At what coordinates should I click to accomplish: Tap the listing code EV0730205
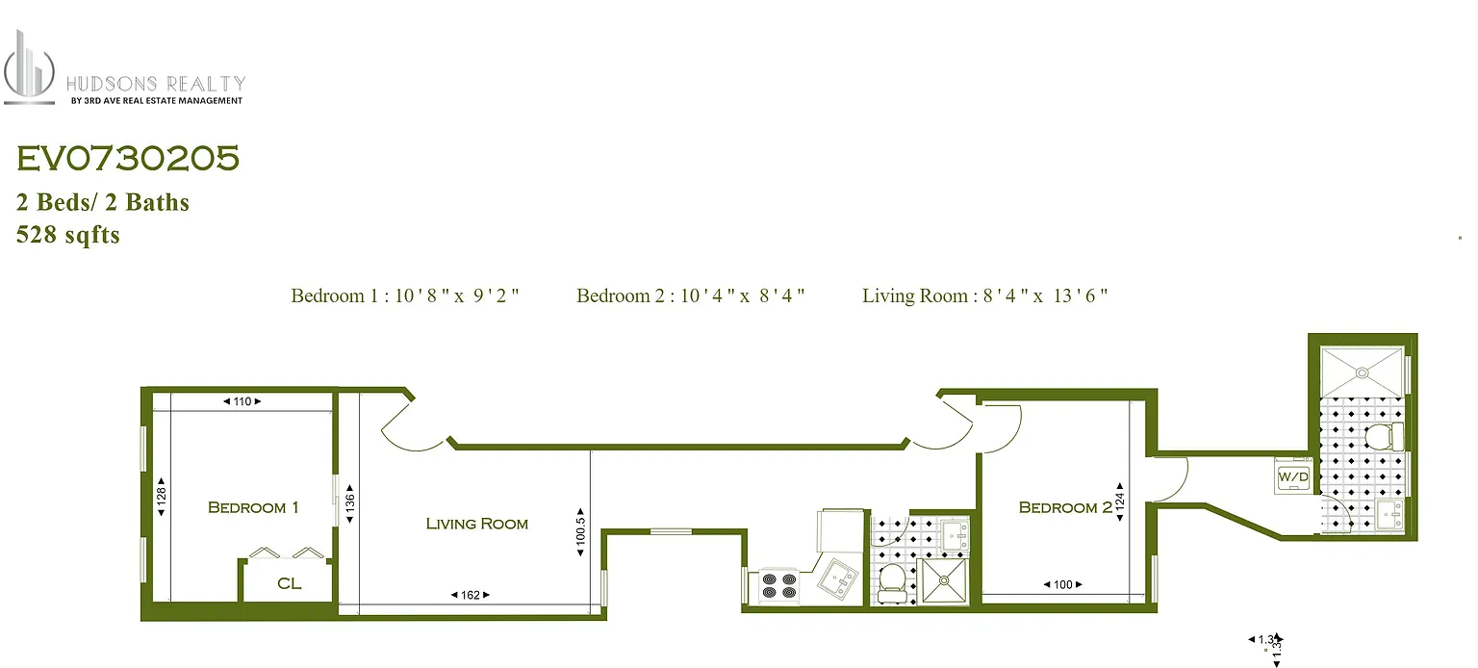pyautogui.click(x=128, y=160)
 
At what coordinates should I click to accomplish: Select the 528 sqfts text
pyautogui.click(x=67, y=235)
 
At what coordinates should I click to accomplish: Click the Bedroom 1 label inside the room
pyautogui.click(x=253, y=507)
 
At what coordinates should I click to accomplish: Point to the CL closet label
pyautogui.click(x=289, y=583)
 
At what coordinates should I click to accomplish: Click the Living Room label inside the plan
pyautogui.click(x=476, y=524)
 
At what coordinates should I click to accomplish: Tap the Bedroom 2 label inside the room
pyautogui.click(x=1064, y=507)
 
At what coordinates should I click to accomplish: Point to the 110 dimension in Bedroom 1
pyautogui.click(x=242, y=401)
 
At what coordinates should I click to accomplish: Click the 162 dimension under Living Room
pyautogui.click(x=471, y=596)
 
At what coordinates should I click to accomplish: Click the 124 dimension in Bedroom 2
pyautogui.click(x=1120, y=502)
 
